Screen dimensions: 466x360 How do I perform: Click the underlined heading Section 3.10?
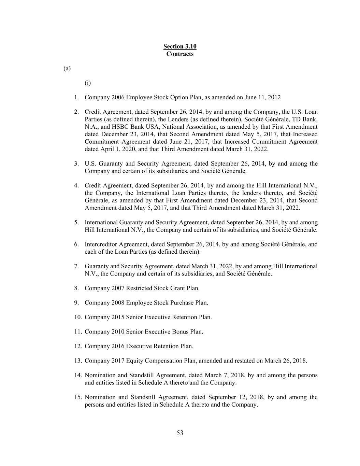(180, 46)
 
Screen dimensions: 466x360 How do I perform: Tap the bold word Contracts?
(180, 54)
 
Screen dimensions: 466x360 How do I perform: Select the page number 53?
(180, 433)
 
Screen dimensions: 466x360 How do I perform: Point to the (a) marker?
(67, 69)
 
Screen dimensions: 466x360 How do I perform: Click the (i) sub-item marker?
(88, 83)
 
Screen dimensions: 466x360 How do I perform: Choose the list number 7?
(77, 266)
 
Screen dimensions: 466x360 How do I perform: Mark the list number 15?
(78, 397)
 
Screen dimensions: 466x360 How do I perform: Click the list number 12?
(78, 346)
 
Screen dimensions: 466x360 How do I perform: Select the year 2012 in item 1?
(274, 98)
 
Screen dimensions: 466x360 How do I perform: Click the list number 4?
(77, 186)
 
